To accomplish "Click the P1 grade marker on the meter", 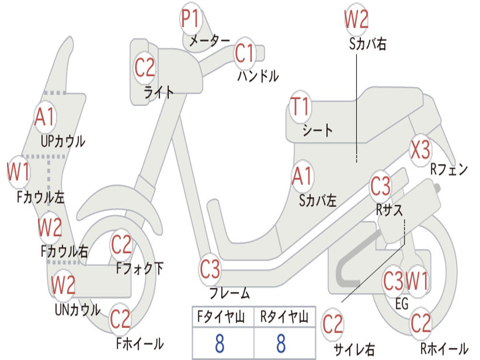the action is (x=191, y=19).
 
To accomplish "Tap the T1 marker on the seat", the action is (x=300, y=106).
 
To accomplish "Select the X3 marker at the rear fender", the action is (x=420, y=150).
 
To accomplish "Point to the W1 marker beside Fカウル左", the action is (x=18, y=172).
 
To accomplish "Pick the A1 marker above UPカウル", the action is (x=45, y=117).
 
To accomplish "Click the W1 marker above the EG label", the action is (x=417, y=281).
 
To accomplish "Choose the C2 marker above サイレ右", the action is (x=333, y=324).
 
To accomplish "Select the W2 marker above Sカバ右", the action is (x=356, y=19).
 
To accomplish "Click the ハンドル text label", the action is (x=258, y=76).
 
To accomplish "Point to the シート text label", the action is (x=317, y=130).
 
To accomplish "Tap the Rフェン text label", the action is (x=449, y=169).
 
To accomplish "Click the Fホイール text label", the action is (x=140, y=344).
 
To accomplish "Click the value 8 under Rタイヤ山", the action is (x=281, y=343).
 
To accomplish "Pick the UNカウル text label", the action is (x=77, y=309).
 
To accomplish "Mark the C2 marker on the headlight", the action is (x=145, y=67).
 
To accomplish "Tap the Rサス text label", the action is (x=389, y=210).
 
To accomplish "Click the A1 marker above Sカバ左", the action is (x=302, y=177).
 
